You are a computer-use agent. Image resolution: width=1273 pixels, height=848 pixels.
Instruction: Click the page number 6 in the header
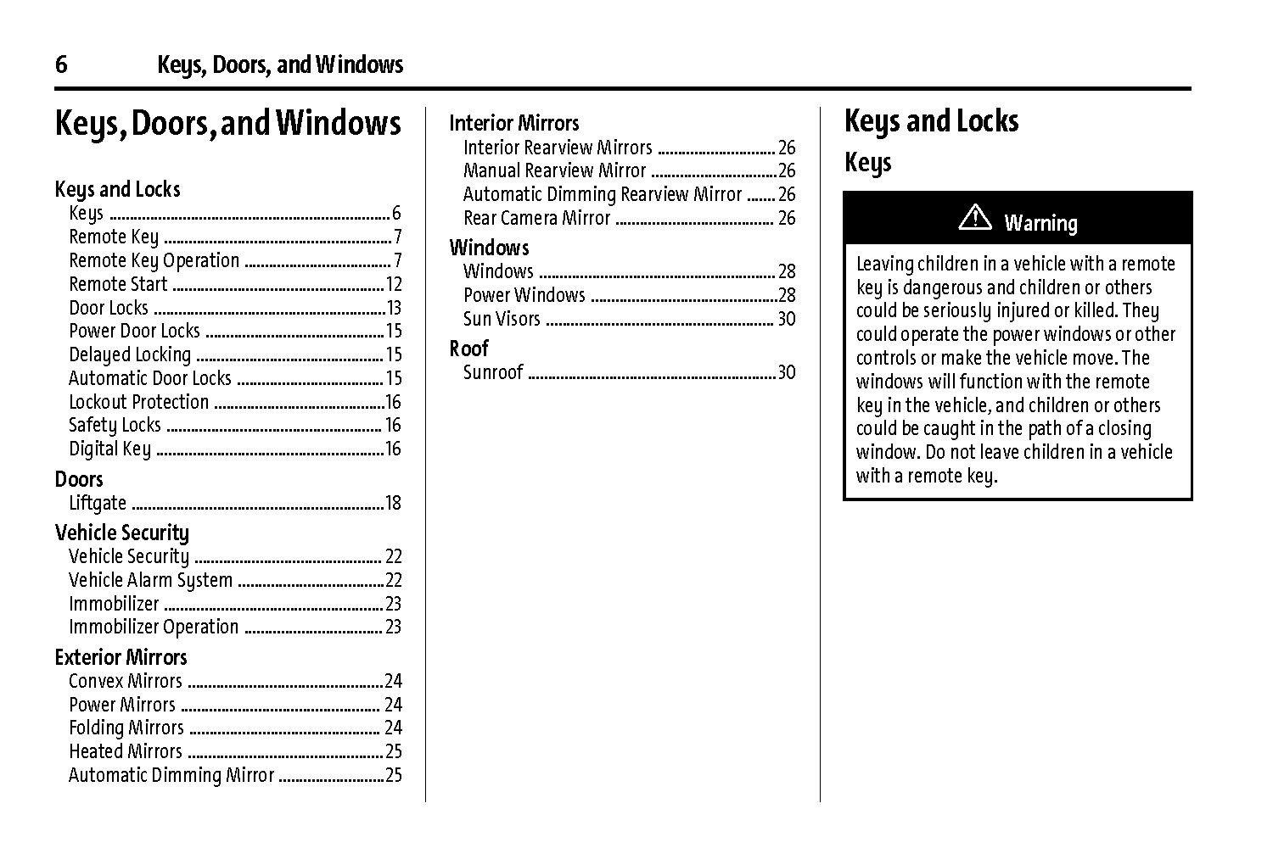(x=61, y=64)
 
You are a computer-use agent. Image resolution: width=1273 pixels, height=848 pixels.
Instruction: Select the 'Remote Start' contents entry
(x=118, y=284)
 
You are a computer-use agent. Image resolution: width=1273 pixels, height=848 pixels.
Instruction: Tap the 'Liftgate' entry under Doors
(x=98, y=503)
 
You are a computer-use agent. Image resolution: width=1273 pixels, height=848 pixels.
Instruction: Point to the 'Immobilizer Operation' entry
(x=154, y=628)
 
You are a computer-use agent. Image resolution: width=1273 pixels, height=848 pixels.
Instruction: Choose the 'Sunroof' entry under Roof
(x=493, y=372)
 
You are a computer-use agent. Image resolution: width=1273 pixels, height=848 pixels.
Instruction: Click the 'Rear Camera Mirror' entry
(x=536, y=219)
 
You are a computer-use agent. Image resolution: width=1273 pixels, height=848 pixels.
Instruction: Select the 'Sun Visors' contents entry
(x=502, y=319)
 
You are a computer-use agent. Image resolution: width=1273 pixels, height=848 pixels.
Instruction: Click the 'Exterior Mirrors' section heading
(x=121, y=657)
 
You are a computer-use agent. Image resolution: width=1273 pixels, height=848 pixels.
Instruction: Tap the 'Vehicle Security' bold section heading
(x=122, y=533)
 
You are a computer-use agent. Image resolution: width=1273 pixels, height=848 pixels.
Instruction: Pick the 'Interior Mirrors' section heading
(x=514, y=123)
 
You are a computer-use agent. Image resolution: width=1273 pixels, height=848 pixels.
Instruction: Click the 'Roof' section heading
(x=469, y=349)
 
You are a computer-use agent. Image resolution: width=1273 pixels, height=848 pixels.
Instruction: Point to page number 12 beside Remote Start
(x=394, y=284)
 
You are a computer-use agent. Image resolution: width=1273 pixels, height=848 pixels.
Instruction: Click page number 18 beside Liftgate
(x=393, y=503)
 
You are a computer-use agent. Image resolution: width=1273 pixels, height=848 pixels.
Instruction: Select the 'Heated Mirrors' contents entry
(x=126, y=751)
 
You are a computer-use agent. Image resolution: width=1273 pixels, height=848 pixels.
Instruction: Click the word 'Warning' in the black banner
(x=1040, y=223)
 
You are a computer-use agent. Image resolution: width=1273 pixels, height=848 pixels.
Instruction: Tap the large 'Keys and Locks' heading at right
(x=931, y=121)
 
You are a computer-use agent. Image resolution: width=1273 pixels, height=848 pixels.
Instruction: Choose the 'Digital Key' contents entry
(x=109, y=449)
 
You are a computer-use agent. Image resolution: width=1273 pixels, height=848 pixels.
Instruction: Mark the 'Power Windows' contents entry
(x=524, y=295)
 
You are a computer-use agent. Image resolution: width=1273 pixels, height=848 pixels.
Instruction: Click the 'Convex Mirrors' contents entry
(x=126, y=681)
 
